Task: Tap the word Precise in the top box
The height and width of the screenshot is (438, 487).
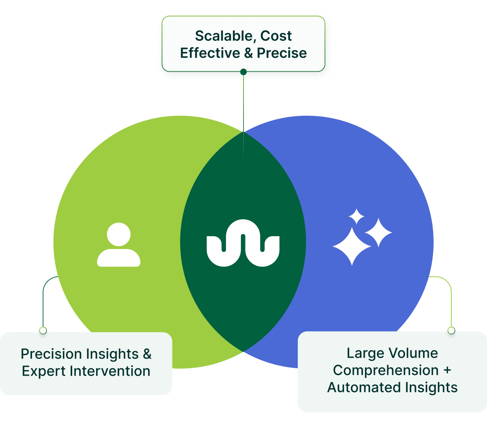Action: [x=282, y=53]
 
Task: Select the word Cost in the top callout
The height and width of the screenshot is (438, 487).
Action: [x=276, y=36]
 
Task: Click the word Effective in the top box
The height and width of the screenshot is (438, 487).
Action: [x=210, y=53]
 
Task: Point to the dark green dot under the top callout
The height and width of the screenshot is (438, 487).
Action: [x=243, y=72]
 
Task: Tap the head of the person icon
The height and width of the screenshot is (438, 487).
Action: [x=119, y=234]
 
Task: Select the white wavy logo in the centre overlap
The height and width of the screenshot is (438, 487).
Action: [x=243, y=243]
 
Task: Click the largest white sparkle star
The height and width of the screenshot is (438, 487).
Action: [x=352, y=246]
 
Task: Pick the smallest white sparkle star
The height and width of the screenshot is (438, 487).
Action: [x=356, y=217]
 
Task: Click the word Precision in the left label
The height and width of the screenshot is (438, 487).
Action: [x=51, y=354]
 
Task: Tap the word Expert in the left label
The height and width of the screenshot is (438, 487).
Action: [x=44, y=371]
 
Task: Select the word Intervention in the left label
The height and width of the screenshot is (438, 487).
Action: [x=110, y=371]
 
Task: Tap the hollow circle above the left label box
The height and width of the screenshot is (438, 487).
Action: [x=43, y=330]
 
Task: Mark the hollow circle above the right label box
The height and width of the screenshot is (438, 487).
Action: [x=451, y=330]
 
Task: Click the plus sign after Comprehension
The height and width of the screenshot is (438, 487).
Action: [x=447, y=371]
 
